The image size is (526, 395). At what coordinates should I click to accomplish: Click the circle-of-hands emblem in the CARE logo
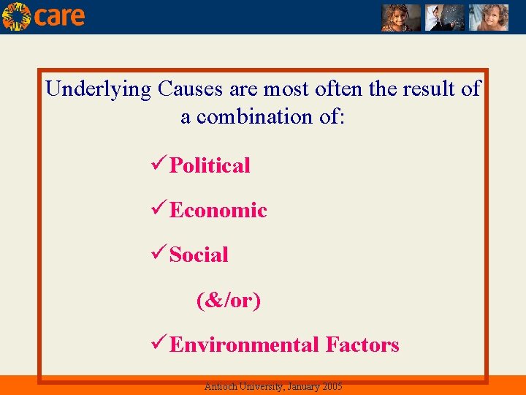click(x=16, y=16)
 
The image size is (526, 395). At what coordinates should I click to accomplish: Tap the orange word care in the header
click(x=59, y=17)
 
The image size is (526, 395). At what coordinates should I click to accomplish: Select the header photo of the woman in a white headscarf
click(x=445, y=17)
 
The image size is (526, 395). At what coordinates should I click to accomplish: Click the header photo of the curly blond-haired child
click(x=488, y=17)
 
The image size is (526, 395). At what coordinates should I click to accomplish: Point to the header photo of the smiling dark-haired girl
click(x=401, y=17)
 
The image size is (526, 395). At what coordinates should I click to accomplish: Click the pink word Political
click(x=210, y=165)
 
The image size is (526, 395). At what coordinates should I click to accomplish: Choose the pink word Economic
click(x=218, y=211)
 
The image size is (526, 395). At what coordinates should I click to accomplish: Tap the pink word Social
click(x=199, y=255)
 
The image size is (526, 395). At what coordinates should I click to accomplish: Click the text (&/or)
click(x=228, y=300)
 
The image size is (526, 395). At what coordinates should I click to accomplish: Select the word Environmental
click(x=244, y=345)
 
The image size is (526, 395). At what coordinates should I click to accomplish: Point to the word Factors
click(x=362, y=345)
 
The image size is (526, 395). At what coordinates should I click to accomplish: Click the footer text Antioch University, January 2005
click(x=273, y=386)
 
